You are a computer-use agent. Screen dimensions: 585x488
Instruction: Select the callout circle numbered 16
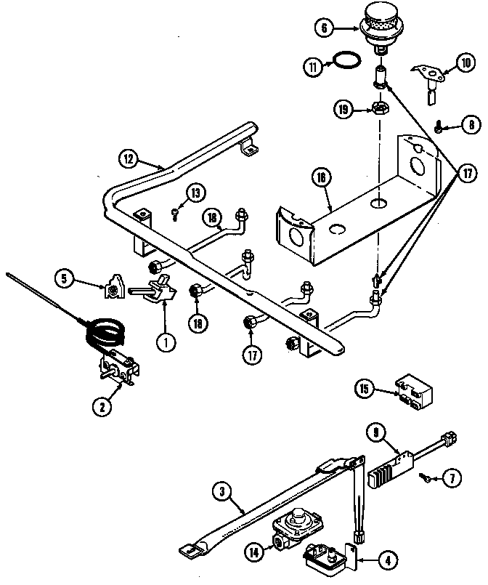pos(320,177)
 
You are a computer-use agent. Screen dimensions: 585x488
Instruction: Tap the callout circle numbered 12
pos(128,158)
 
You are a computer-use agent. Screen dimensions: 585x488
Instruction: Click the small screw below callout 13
pos(176,213)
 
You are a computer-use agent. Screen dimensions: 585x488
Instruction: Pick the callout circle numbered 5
pos(65,277)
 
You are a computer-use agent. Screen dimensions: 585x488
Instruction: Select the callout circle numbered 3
pos(223,493)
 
